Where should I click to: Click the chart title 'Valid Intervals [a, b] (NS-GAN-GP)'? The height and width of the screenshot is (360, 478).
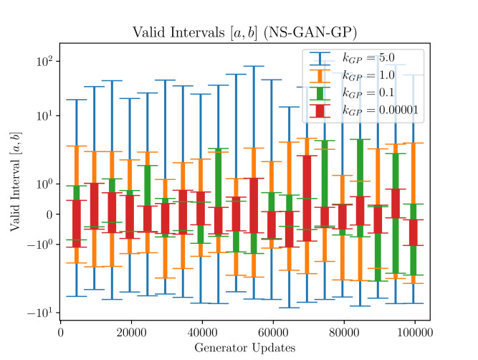pyautogui.click(x=244, y=33)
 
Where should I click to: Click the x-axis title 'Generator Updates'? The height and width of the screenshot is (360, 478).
pyautogui.click(x=244, y=348)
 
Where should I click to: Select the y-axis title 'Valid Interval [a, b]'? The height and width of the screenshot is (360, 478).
pyautogui.click(x=15, y=183)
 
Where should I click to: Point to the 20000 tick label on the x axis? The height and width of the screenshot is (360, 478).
pyautogui.click(x=130, y=333)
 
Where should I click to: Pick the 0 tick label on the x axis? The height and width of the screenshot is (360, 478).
pyautogui.click(x=60, y=333)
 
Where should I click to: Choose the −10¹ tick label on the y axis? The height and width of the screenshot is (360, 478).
pyautogui.click(x=40, y=313)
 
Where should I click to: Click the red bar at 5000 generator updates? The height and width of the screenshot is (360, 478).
pyautogui.click(x=76, y=223)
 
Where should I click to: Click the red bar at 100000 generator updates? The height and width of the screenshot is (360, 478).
pyautogui.click(x=413, y=232)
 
